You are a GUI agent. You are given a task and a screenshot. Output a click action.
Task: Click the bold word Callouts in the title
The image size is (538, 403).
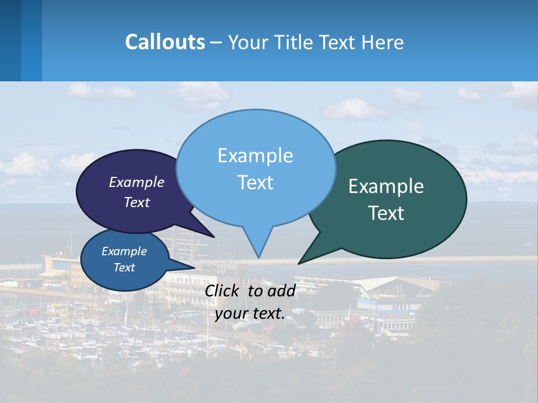165,42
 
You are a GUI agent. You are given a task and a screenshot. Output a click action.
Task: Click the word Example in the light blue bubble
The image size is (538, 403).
255,156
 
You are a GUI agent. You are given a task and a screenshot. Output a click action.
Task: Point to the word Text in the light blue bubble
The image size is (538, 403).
255,182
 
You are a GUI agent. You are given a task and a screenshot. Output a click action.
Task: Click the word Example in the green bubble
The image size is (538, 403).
386,186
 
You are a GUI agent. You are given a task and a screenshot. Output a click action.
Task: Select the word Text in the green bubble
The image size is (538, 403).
386,213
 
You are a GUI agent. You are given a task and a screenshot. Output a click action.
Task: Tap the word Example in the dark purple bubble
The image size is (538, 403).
137,182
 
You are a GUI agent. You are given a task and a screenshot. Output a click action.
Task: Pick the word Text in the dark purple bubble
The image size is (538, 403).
137,203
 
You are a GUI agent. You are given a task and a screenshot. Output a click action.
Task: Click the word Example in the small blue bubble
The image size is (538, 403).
124,251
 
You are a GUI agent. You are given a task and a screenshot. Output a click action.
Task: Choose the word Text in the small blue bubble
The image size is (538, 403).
124,268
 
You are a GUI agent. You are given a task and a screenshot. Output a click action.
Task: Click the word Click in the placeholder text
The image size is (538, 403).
222,290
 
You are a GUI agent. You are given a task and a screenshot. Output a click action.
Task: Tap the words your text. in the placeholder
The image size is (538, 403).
249,313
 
